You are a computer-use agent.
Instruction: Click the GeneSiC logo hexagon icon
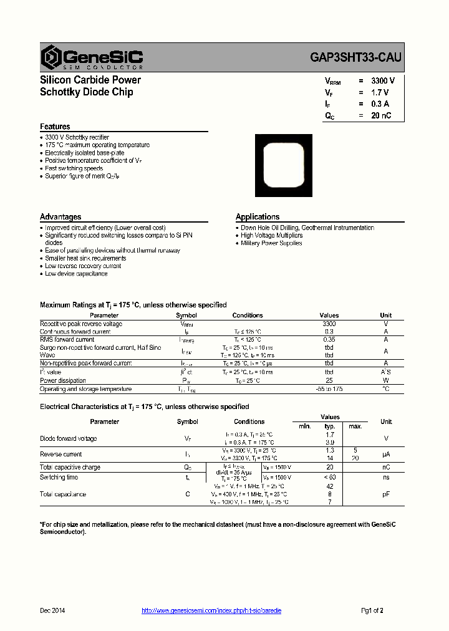tap(51, 57)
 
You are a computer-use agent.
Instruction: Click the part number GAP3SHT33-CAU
tap(356, 57)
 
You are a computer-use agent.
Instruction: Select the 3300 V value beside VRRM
tap(383, 81)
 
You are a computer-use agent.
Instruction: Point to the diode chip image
tap(284, 166)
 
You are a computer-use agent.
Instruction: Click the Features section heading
tap(56, 127)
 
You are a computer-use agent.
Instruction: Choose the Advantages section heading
tap(60, 217)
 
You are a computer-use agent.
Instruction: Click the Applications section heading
tap(258, 217)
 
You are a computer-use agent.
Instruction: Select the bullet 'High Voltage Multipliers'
tap(272, 236)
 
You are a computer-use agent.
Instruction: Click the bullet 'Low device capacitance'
tap(76, 274)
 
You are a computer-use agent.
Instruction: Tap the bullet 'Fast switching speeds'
tap(74, 168)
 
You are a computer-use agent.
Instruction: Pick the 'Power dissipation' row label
tap(63, 380)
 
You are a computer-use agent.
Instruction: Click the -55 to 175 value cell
tap(329, 389)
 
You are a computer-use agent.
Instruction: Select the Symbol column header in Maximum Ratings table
tap(186, 315)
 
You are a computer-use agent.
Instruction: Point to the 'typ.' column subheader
tap(330, 426)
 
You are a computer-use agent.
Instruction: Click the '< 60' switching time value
tap(330, 478)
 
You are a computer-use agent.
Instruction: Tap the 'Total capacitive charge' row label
tap(70, 468)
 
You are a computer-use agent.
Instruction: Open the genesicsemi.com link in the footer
tap(211, 611)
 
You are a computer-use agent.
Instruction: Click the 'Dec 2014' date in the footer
tap(52, 611)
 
